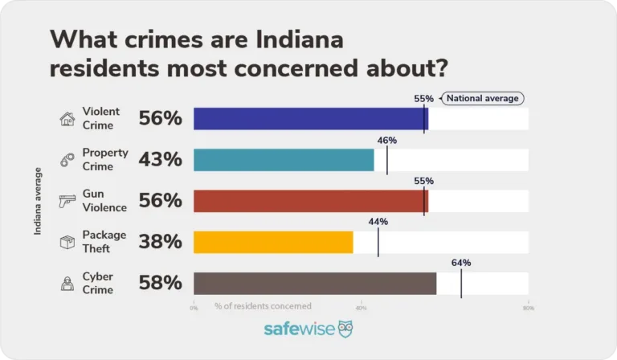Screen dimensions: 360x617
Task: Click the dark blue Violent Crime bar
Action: tap(311, 119)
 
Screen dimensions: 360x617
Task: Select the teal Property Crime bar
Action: tap(284, 160)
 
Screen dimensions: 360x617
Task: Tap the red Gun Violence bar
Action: tap(311, 201)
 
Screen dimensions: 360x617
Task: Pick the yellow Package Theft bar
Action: tap(273, 242)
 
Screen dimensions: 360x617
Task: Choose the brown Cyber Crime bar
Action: tap(315, 283)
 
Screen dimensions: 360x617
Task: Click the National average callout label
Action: tap(483, 99)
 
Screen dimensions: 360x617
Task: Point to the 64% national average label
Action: tap(460, 263)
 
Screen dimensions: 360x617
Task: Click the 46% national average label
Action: tap(386, 140)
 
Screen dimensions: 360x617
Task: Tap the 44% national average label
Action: tap(378, 222)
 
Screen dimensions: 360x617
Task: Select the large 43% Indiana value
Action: tap(161, 160)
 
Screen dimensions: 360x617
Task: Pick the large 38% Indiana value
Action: tap(161, 242)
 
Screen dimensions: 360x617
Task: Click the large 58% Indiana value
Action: tap(161, 283)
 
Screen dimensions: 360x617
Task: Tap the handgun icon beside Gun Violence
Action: tap(67, 202)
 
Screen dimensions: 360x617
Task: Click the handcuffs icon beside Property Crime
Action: tap(67, 161)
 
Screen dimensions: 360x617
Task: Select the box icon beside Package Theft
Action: tap(67, 242)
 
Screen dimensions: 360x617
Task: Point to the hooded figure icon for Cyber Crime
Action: tap(67, 283)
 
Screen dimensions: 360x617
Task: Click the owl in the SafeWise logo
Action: tap(345, 329)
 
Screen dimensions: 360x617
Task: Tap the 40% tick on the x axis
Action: tap(361, 307)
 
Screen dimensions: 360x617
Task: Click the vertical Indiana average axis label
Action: tap(38, 201)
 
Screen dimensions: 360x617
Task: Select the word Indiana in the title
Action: tap(285, 39)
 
